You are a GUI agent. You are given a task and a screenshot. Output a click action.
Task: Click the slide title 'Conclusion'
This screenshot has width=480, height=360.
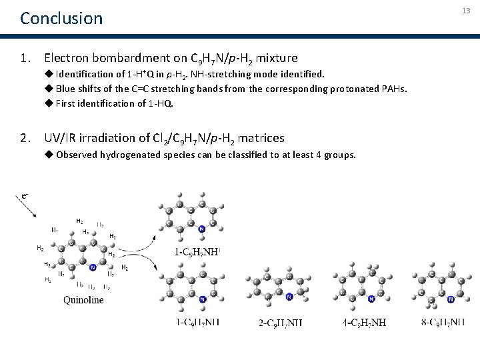click(x=61, y=18)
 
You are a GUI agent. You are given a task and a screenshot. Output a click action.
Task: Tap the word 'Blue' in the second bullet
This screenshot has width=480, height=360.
click(x=66, y=88)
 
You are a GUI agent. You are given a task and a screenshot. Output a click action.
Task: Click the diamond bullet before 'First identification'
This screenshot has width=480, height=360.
click(x=49, y=103)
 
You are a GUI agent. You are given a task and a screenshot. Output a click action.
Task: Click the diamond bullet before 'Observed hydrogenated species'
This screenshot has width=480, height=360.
click(x=49, y=155)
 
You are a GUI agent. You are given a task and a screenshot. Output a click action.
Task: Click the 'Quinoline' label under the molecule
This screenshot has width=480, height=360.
click(x=83, y=300)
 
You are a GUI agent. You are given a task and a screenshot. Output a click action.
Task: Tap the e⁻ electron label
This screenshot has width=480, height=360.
click(x=25, y=195)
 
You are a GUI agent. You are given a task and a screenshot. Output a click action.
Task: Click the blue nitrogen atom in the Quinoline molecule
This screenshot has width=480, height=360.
click(x=93, y=267)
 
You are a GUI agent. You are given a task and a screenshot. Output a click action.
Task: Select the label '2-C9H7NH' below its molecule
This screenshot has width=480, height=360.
click(x=280, y=323)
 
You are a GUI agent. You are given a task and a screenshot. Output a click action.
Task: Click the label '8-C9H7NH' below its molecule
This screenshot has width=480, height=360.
click(x=444, y=323)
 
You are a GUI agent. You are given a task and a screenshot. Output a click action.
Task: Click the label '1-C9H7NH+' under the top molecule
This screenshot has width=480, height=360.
click(x=197, y=251)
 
